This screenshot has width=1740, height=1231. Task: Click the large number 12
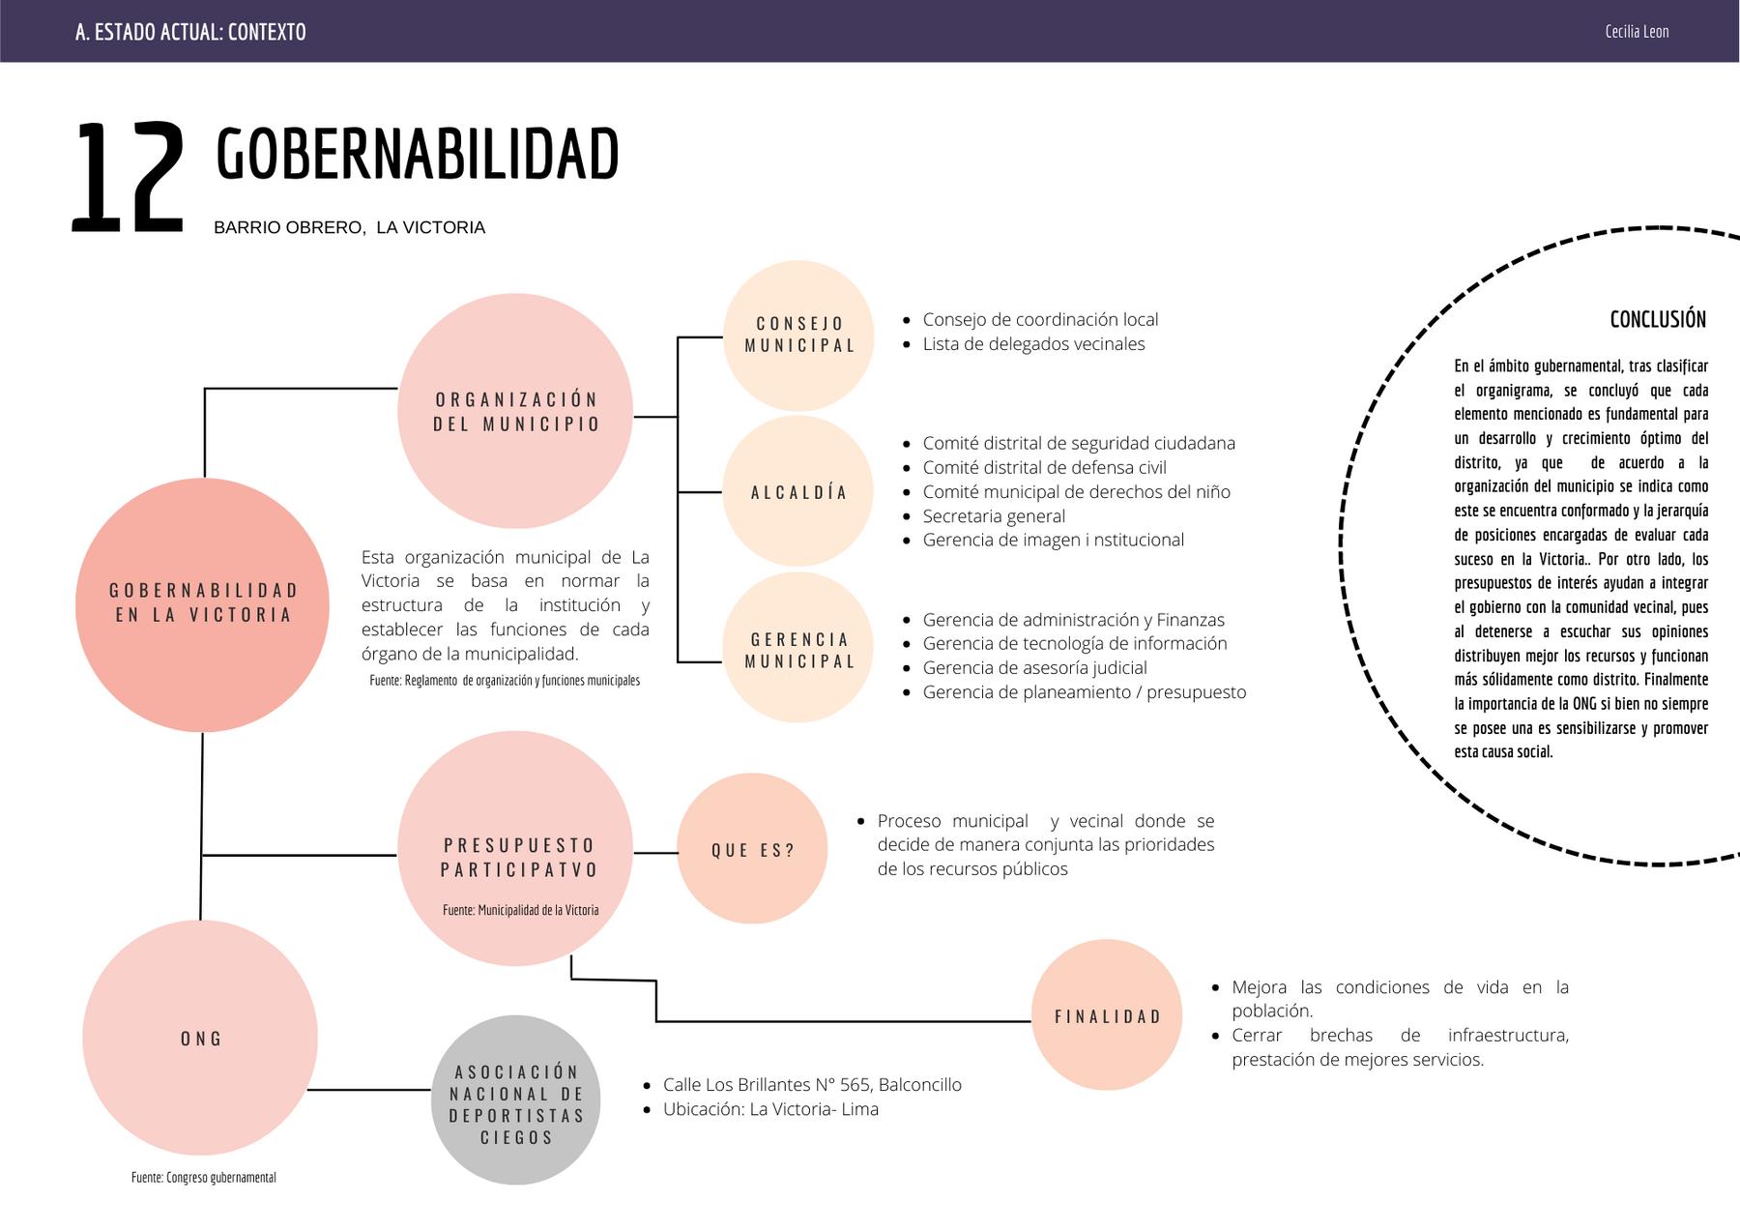pyautogui.click(x=127, y=178)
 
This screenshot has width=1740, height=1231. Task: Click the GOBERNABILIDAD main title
pyautogui.click(x=417, y=155)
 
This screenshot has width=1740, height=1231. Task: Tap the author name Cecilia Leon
pyautogui.click(x=1637, y=31)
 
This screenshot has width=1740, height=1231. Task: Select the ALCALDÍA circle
pyautogui.click(x=798, y=492)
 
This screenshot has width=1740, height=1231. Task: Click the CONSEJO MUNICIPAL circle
pyautogui.click(x=798, y=335)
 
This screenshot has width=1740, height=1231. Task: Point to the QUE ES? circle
pyautogui.click(x=752, y=850)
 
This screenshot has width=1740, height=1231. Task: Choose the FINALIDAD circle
pyautogui.click(x=1107, y=1016)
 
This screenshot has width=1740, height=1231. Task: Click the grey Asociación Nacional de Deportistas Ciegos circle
pyautogui.click(x=516, y=1103)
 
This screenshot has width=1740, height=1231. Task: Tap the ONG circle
pyautogui.click(x=200, y=1039)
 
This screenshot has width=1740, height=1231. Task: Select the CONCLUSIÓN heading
pyautogui.click(x=1658, y=319)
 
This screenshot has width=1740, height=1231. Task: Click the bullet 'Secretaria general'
pyautogui.click(x=994, y=516)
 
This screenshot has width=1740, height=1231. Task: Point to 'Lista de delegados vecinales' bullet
pyautogui.click(x=1033, y=344)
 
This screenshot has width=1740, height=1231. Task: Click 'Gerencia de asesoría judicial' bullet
pyautogui.click(x=1034, y=668)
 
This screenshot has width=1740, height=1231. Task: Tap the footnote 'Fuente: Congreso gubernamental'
pyautogui.click(x=204, y=1178)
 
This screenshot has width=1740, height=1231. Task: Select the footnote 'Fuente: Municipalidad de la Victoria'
pyautogui.click(x=520, y=910)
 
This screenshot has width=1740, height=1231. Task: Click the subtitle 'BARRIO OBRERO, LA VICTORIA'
pyautogui.click(x=349, y=228)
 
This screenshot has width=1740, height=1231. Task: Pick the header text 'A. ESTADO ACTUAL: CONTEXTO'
pyautogui.click(x=190, y=32)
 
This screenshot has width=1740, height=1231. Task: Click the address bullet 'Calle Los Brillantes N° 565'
pyautogui.click(x=812, y=1085)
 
